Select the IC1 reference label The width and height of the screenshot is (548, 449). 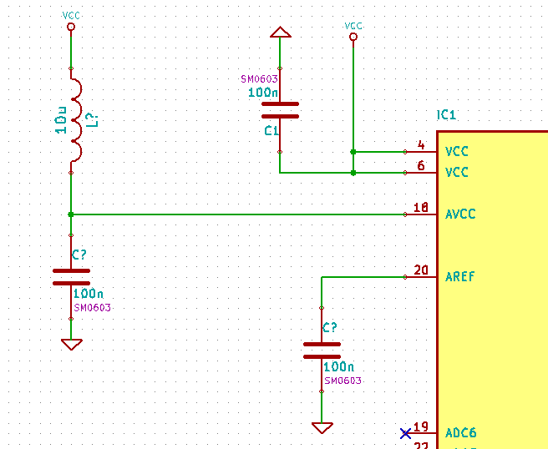click(x=447, y=115)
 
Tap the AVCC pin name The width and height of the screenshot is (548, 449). click(x=460, y=214)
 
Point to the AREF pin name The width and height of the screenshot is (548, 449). click(x=460, y=277)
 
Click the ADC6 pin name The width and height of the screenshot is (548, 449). click(x=460, y=433)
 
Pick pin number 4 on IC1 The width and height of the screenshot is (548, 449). click(x=421, y=145)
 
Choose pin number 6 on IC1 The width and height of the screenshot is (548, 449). click(x=421, y=166)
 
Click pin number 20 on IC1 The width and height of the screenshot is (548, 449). click(x=421, y=270)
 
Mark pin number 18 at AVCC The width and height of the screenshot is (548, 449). click(x=421, y=208)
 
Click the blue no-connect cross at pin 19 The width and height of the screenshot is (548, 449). click(x=405, y=433)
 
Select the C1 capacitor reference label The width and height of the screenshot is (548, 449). click(x=271, y=131)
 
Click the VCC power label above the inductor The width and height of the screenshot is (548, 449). click(x=71, y=16)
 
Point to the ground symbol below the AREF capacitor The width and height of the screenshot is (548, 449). click(x=322, y=427)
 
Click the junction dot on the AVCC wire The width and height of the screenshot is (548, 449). click(x=71, y=214)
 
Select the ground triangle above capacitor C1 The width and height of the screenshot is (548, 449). click(x=280, y=33)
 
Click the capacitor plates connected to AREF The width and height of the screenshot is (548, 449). click(x=322, y=350)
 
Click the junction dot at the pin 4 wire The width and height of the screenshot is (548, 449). click(x=353, y=152)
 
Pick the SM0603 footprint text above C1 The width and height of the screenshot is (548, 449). click(x=259, y=79)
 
